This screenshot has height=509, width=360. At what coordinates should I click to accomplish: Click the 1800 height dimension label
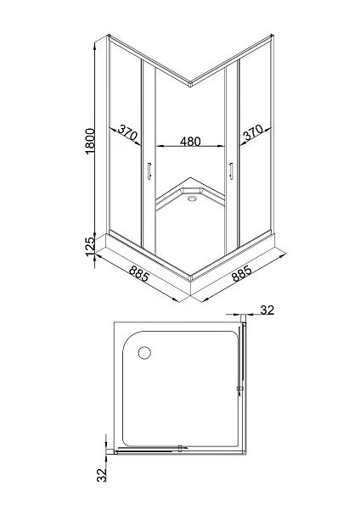tap(90, 141)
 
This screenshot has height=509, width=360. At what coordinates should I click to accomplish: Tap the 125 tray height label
tap(90, 246)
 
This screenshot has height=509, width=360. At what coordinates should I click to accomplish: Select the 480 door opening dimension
tap(190, 141)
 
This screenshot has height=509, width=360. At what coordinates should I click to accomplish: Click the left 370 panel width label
tap(127, 132)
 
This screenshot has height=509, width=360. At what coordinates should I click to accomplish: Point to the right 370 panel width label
tap(253, 132)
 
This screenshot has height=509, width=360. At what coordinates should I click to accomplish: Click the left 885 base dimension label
tap(138, 273)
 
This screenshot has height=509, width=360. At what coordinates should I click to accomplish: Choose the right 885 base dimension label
tap(241, 273)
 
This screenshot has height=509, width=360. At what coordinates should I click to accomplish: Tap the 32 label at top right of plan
tap(267, 310)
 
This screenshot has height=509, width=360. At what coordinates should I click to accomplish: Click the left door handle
tap(149, 171)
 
